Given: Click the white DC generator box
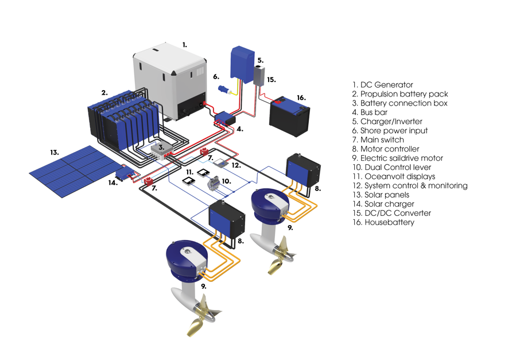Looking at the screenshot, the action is tap(169, 81).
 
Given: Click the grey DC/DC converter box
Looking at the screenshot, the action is tap(259, 76).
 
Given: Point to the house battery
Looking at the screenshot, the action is tap(289, 116).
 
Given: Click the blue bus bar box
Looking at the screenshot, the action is tap(225, 118).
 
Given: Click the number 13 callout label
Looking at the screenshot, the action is tap(55, 152).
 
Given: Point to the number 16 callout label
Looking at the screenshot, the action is tap(301, 98).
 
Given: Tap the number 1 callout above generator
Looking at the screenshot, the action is tap(185, 45).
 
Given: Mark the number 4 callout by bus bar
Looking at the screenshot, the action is tap(240, 129).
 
